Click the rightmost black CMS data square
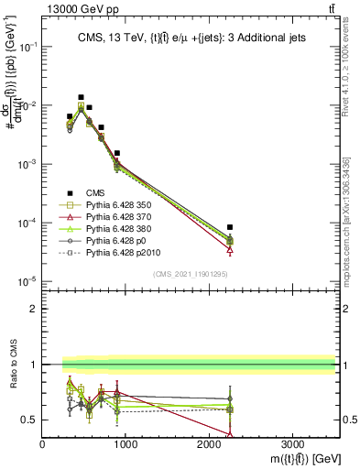pyautogui.click(x=230, y=226)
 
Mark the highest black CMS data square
pyautogui.click(x=81, y=97)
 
